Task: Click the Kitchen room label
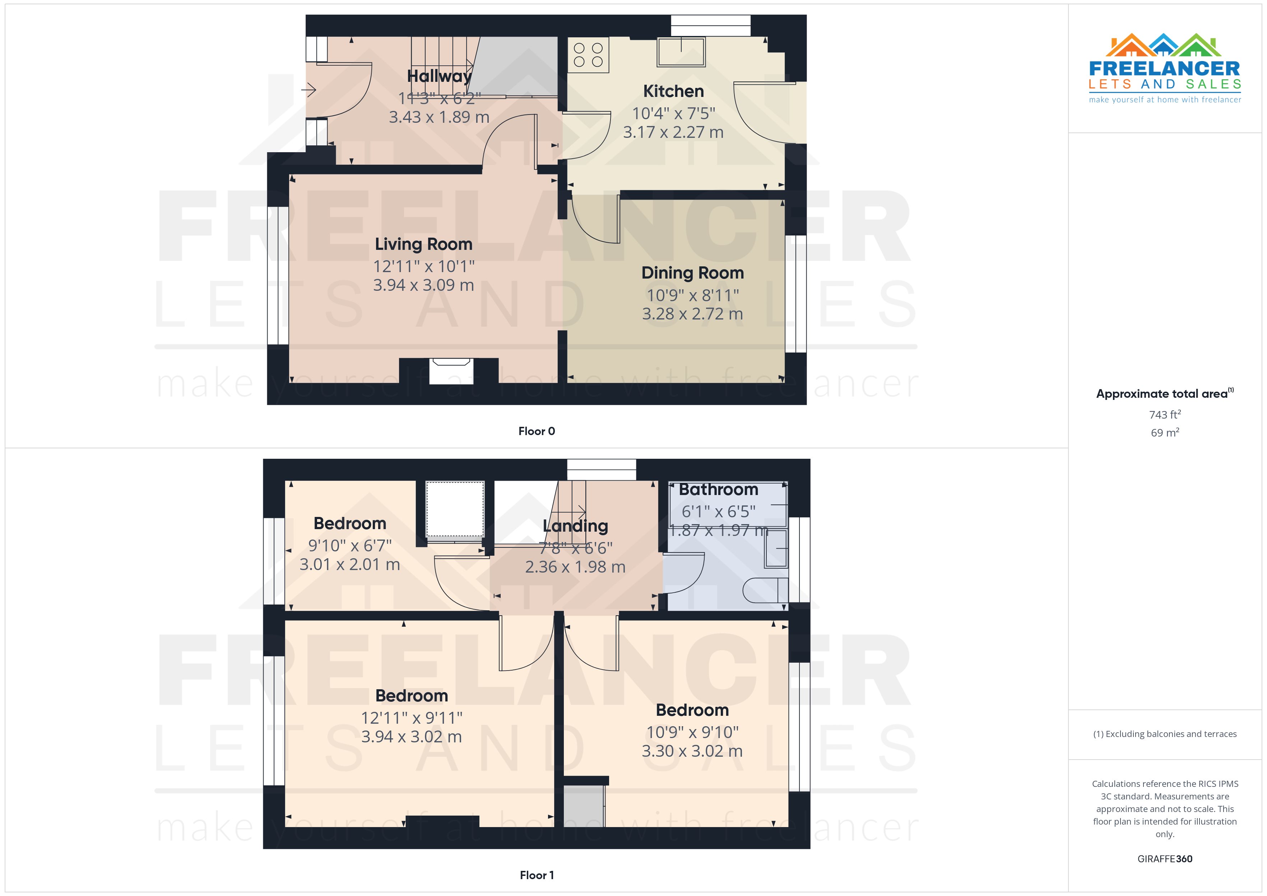pyautogui.click(x=673, y=91)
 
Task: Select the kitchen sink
pyautogui.click(x=681, y=52)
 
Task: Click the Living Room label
pyautogui.click(x=423, y=244)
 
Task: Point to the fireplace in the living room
pyautogui.click(x=451, y=371)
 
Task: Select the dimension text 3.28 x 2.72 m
pyautogui.click(x=692, y=314)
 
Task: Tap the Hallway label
pyautogui.click(x=439, y=76)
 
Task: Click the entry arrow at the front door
pyautogui.click(x=308, y=89)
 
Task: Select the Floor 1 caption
pyautogui.click(x=537, y=875)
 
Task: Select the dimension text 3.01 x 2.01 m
pyautogui.click(x=349, y=564)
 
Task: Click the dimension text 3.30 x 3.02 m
pyautogui.click(x=692, y=751)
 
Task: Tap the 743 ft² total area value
pyautogui.click(x=1164, y=414)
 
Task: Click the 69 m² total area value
pyautogui.click(x=1164, y=433)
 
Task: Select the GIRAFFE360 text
pyautogui.click(x=1164, y=859)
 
